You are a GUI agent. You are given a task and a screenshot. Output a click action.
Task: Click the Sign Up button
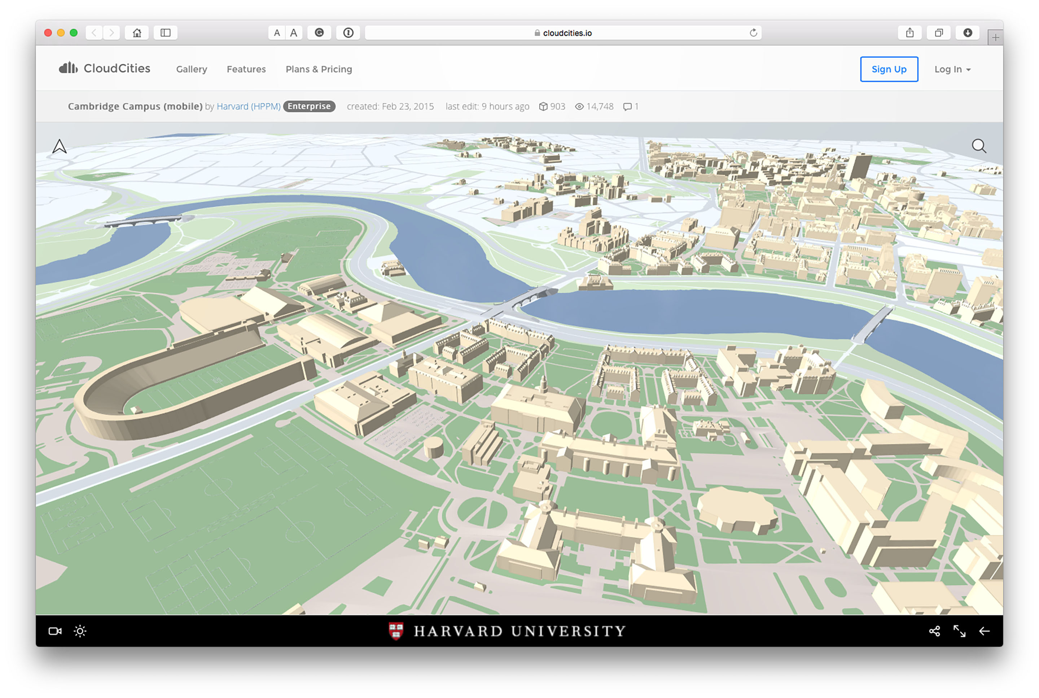pos(889,69)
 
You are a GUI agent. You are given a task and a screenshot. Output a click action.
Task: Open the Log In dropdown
pos(952,69)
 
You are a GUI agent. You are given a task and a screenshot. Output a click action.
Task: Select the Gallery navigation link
pos(191,69)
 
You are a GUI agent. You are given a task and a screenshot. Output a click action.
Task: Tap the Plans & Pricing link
pos(319,69)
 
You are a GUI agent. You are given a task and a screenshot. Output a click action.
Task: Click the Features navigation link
pos(246,69)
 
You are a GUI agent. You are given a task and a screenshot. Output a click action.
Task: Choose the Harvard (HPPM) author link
pos(248,106)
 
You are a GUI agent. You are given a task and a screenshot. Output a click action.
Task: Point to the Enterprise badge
pos(309,106)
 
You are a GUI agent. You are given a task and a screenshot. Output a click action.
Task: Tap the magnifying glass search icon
pos(978,146)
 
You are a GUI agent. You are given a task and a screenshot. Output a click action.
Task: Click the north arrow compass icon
pos(59,147)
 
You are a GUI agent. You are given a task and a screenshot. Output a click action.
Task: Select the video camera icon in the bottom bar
pos(55,631)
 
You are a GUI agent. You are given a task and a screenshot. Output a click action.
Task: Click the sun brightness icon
pos(80,631)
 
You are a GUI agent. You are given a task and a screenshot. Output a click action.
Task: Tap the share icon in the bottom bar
pos(934,631)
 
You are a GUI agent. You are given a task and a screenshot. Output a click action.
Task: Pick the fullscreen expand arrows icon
pos(959,631)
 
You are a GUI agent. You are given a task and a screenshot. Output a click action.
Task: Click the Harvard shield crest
pos(395,631)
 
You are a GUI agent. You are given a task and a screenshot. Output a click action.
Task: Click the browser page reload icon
pos(753,32)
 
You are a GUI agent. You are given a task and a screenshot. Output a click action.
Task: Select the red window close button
pos(48,32)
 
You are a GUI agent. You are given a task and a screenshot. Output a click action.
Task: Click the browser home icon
pos(137,32)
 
